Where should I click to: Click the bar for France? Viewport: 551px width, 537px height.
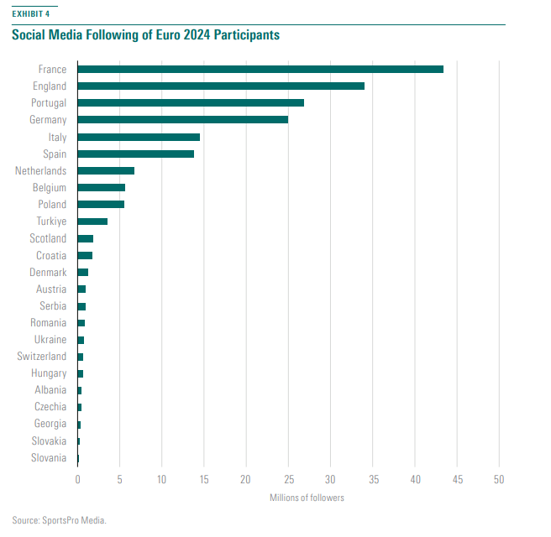tap(260, 69)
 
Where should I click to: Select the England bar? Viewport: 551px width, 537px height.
tap(221, 86)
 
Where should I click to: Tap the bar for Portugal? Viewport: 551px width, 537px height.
tap(191, 102)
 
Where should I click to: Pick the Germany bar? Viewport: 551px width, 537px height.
tap(182, 120)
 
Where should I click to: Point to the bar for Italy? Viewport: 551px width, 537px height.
tap(139, 137)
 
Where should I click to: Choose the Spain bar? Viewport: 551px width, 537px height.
tap(135, 154)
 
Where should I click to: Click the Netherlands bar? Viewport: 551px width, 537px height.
tap(106, 170)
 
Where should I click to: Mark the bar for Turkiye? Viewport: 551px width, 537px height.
tap(92, 222)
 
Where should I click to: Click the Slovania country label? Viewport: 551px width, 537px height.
tap(49, 457)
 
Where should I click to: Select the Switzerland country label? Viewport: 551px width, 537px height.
tap(41, 357)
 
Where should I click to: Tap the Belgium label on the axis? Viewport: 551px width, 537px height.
tap(50, 188)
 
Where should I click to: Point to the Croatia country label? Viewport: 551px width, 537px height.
tap(51, 255)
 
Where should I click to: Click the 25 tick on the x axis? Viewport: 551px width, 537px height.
tap(288, 480)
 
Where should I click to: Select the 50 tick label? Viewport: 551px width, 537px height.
tap(499, 480)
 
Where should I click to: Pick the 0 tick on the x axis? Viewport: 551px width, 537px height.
tap(77, 480)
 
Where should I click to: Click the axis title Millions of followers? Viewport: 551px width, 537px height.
tap(307, 498)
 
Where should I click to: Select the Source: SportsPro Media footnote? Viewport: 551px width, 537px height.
tap(60, 520)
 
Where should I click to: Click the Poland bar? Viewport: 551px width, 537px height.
tap(101, 205)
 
